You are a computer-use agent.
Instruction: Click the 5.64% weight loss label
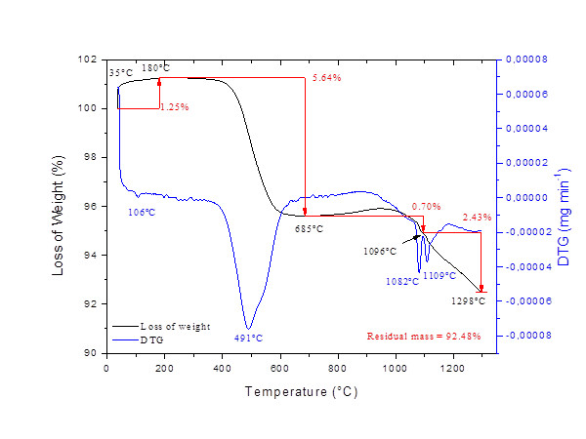[326, 78]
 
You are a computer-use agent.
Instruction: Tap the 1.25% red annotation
[174, 105]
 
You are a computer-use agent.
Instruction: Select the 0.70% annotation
[426, 206]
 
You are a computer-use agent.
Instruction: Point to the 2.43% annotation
[478, 217]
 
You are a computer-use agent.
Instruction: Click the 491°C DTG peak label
[249, 338]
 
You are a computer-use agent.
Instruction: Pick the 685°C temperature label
[309, 228]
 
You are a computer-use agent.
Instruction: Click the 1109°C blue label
[437, 276]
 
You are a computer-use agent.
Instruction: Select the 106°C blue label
[143, 211]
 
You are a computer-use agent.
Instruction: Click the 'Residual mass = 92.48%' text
[424, 336]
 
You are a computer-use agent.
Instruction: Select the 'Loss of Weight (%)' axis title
[61, 208]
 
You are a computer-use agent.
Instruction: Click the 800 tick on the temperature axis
[338, 369]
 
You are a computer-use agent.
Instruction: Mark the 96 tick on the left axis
[92, 206]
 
